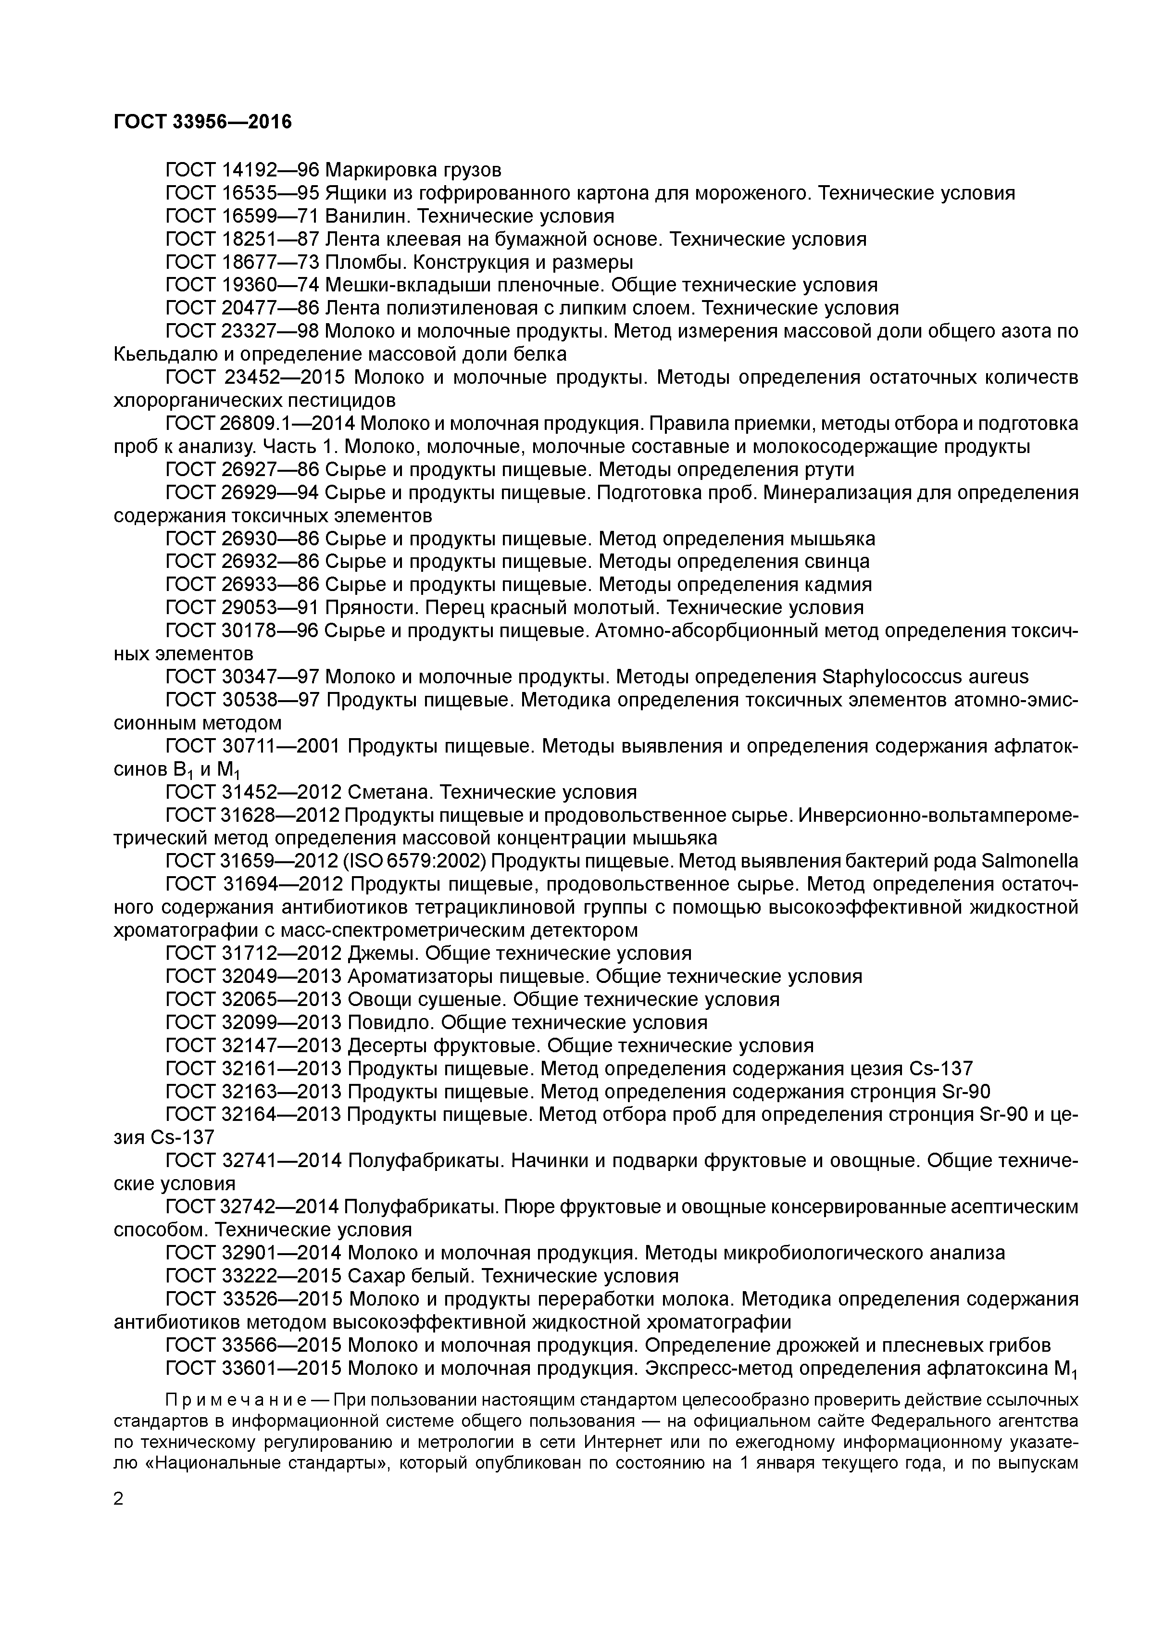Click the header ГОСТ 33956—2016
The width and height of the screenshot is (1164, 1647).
(x=203, y=122)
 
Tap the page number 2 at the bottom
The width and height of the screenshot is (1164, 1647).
(x=119, y=1499)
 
